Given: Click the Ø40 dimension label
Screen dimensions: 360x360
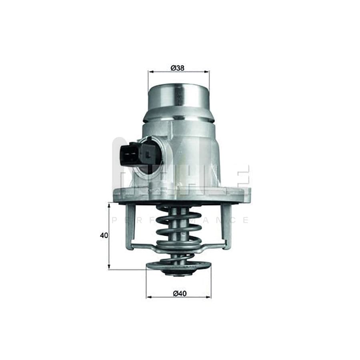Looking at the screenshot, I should [180, 293].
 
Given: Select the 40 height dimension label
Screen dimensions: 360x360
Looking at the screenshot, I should [104, 236].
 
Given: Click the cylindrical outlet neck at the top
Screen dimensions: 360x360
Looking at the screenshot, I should [178, 98].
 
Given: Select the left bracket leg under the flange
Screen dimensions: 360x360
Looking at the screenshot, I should [130, 226].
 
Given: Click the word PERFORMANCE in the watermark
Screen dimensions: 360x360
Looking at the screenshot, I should [180, 220].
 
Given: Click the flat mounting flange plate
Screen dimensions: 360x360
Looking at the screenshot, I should [182, 196].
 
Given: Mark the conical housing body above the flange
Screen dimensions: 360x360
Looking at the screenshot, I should [188, 156].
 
